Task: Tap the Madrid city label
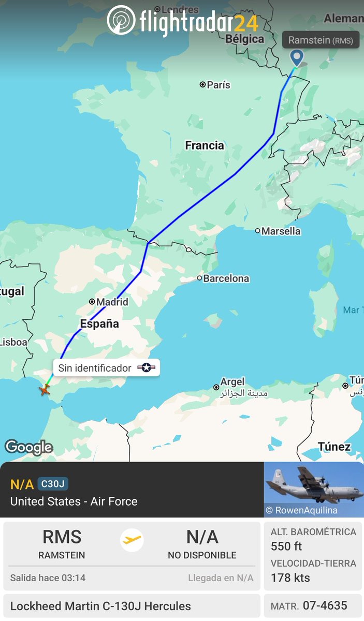point(111,302)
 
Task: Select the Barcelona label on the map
point(226,278)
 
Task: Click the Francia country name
point(205,145)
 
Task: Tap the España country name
point(99,324)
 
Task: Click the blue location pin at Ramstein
point(297,57)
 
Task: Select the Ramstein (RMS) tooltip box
point(321,40)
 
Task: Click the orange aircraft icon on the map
point(45,390)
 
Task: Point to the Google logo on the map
point(28,447)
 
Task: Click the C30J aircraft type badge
point(53,484)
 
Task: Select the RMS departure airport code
point(62,538)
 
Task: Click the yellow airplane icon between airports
point(132,540)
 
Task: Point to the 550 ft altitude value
point(286,546)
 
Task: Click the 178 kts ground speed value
point(290,578)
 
